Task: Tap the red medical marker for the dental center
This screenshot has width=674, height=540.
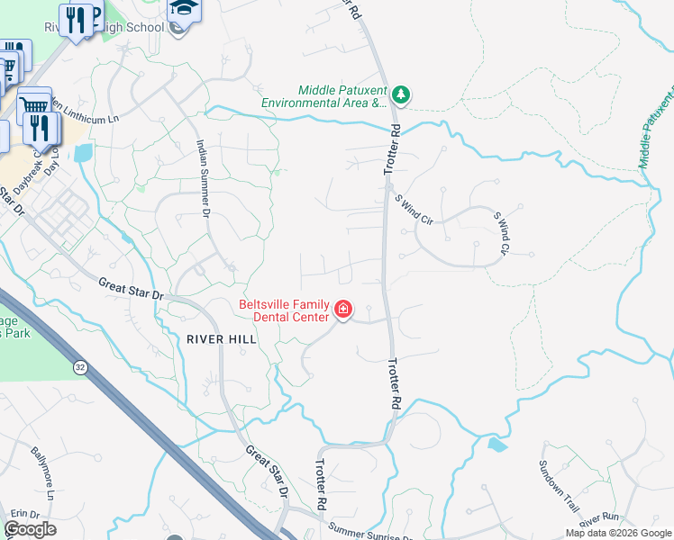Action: [x=342, y=310]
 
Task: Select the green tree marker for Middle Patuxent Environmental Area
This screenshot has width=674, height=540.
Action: [x=401, y=94]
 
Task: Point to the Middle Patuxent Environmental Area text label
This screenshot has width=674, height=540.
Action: [x=323, y=97]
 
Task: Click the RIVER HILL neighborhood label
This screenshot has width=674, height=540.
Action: [x=222, y=339]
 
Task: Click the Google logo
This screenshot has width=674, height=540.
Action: [x=30, y=529]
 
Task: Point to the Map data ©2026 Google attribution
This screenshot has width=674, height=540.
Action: [x=617, y=533]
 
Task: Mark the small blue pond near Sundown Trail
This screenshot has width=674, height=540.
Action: [x=496, y=444]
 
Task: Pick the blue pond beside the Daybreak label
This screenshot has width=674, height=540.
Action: [x=83, y=152]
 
